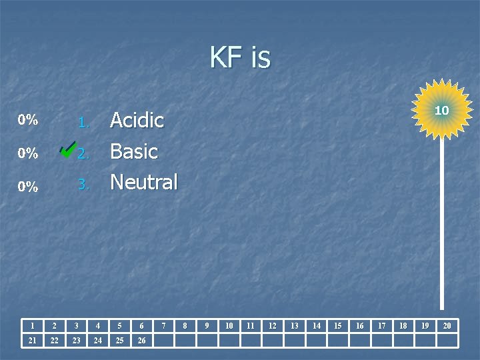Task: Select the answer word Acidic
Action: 137,121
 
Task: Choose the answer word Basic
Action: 133,151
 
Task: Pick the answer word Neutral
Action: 143,181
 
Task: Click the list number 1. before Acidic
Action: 83,123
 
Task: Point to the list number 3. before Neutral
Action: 83,184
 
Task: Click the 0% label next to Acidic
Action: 28,121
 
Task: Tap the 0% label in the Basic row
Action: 28,153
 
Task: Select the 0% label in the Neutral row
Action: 28,187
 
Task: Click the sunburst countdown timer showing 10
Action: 441,109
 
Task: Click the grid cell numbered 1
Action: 32,326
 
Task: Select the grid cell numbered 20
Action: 447,326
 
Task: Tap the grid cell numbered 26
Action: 141,341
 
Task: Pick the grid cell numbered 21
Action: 32,341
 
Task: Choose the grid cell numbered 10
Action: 229,326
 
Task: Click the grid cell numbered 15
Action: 338,326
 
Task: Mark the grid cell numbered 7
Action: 163,326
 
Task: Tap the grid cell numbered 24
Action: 98,341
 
